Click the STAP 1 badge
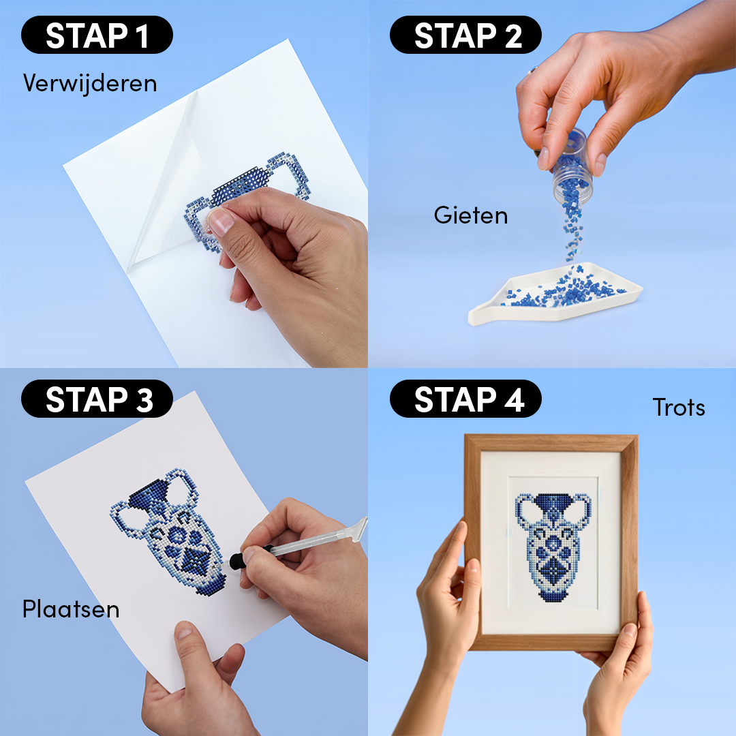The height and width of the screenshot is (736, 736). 97,35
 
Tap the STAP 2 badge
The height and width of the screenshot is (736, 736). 465,35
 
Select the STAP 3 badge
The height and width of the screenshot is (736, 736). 97,399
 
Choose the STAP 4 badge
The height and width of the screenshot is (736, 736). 465,399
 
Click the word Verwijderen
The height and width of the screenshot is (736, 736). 90,83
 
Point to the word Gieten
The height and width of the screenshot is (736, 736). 471,215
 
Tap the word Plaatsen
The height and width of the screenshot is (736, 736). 71,609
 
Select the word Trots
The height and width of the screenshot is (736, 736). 678,408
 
